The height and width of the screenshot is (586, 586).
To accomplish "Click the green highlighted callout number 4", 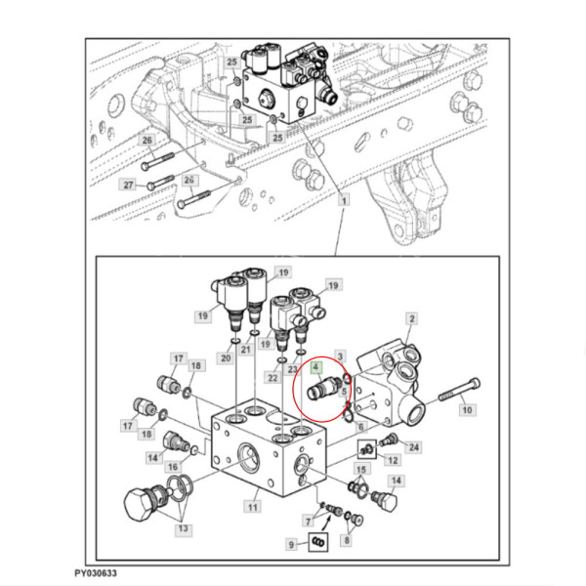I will pyautogui.click(x=316, y=369).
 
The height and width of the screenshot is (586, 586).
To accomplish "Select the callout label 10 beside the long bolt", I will pyautogui.click(x=466, y=410).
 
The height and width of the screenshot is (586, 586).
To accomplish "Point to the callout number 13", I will pyautogui.click(x=181, y=530).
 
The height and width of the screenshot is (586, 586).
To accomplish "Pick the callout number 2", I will pyautogui.click(x=412, y=319).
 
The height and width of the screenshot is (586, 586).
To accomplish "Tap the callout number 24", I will pyautogui.click(x=414, y=447).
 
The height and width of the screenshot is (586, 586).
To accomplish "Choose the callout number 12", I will pyautogui.click(x=392, y=460).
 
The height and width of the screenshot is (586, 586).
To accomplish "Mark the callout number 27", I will pyautogui.click(x=127, y=185).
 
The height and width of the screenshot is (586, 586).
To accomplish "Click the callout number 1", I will pyautogui.click(x=344, y=200).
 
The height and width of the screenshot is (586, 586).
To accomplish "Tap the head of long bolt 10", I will pyautogui.click(x=476, y=382).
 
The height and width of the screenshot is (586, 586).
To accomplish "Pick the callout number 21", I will pyautogui.click(x=247, y=350).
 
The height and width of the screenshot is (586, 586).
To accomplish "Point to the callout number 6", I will pyautogui.click(x=361, y=427).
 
